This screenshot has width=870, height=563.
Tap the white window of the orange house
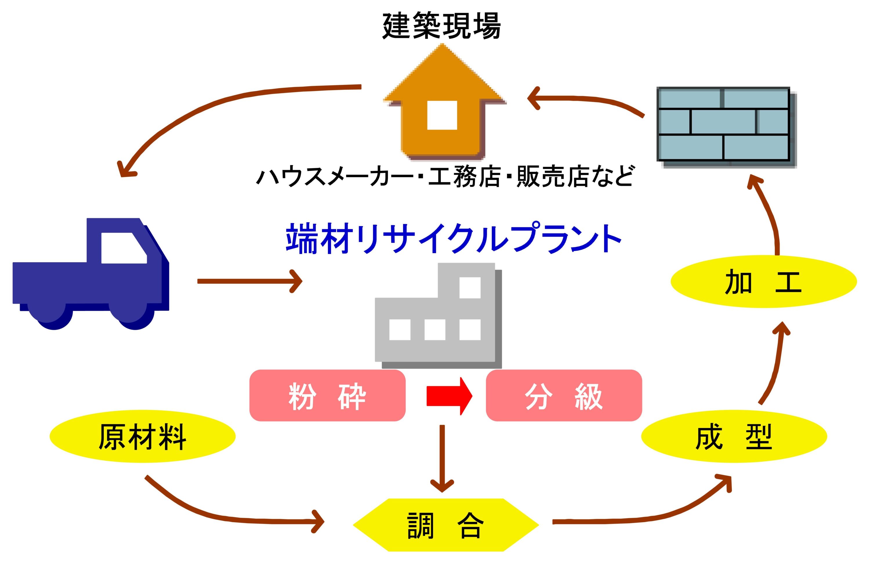tap(442, 115)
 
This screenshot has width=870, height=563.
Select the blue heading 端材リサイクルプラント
tap(453, 238)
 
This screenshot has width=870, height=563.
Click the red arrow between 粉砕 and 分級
tap(449, 396)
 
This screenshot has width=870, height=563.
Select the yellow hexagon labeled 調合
tap(446, 525)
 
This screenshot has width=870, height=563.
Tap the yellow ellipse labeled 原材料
tap(143, 436)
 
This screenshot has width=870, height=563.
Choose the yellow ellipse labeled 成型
tap(734, 436)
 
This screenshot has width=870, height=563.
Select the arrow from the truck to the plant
tap(250, 281)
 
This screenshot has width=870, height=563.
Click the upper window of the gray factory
tap(470, 287)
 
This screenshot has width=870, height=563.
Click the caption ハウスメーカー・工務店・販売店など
tap(445, 176)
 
